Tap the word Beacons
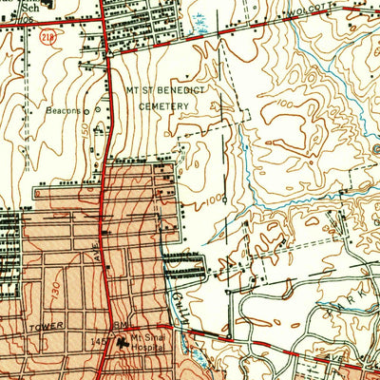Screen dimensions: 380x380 coord(63,110)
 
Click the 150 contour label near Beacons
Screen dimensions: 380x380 coord(85,126)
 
